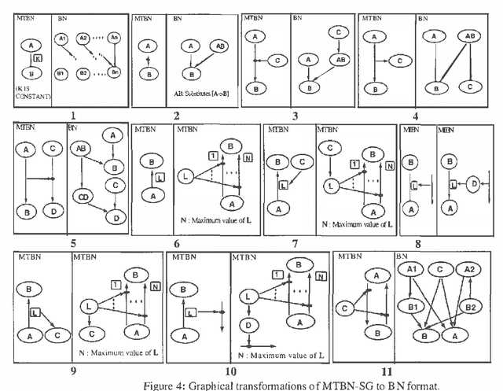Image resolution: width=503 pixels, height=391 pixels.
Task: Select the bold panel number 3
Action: point(295,116)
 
